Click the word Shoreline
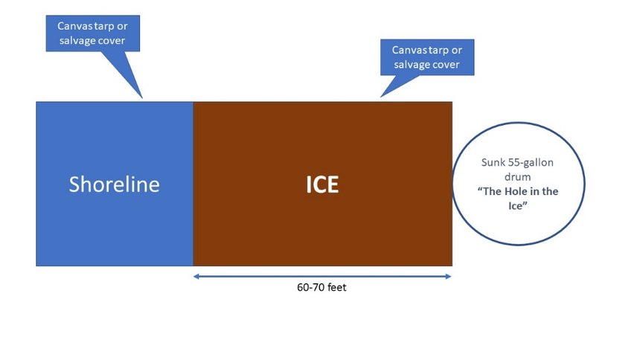click(115, 184)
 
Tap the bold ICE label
click(322, 184)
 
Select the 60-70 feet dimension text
click(321, 287)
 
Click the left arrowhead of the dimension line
click(196, 277)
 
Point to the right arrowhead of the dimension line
click(449, 277)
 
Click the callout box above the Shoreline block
click(93, 33)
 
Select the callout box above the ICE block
click(427, 57)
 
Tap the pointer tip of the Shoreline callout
click(142, 98)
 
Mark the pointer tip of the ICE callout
click(381, 97)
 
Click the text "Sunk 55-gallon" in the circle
click(517, 162)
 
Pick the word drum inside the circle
click(517, 177)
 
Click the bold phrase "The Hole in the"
click(518, 191)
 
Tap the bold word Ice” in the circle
click(517, 206)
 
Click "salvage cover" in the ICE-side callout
click(426, 65)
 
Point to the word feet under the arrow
click(336, 287)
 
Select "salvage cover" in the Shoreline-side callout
click(92, 40)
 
